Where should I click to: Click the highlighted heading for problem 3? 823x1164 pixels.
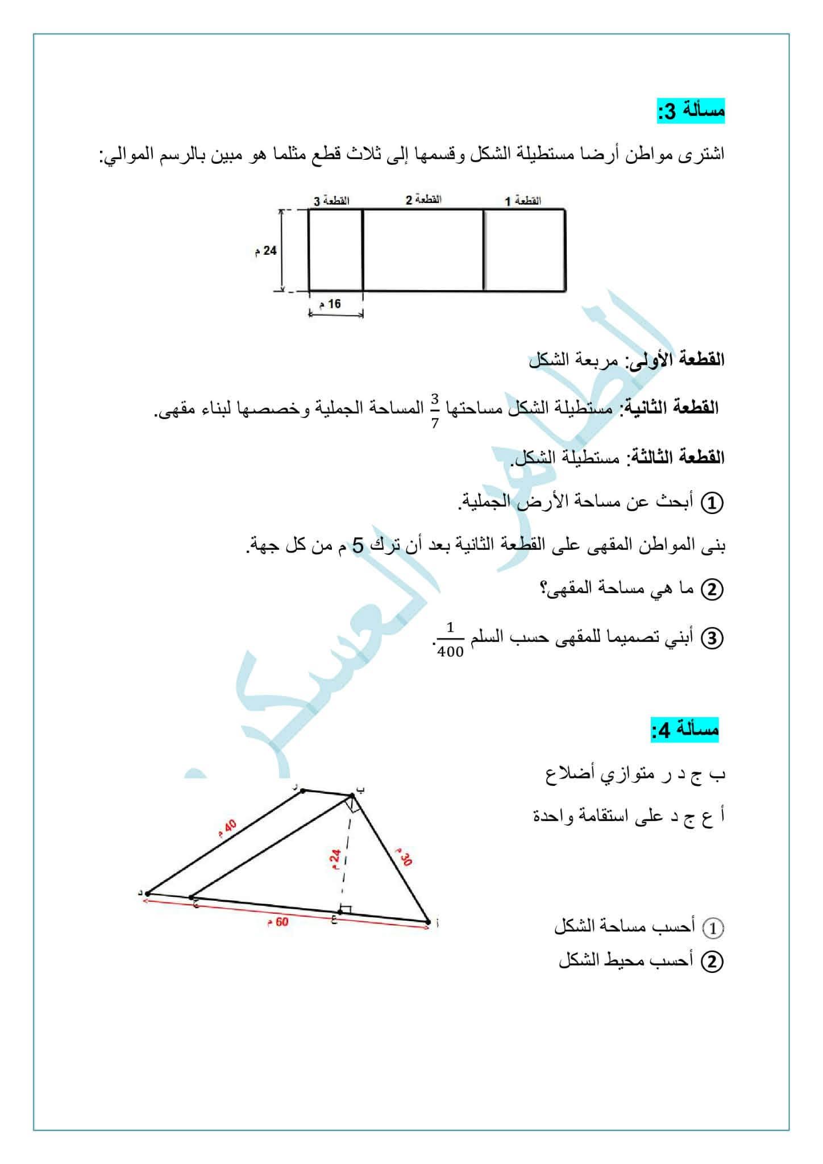691,111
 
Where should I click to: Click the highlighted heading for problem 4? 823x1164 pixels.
685,730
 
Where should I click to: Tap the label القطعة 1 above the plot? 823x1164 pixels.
523,201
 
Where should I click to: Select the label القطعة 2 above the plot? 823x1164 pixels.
423,200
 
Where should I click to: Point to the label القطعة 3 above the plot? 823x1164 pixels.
331,201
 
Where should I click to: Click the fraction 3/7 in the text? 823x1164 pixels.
435,409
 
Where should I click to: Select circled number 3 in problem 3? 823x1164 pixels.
712,638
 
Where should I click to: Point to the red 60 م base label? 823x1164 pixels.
278,921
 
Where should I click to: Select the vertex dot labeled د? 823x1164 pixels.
148,893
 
